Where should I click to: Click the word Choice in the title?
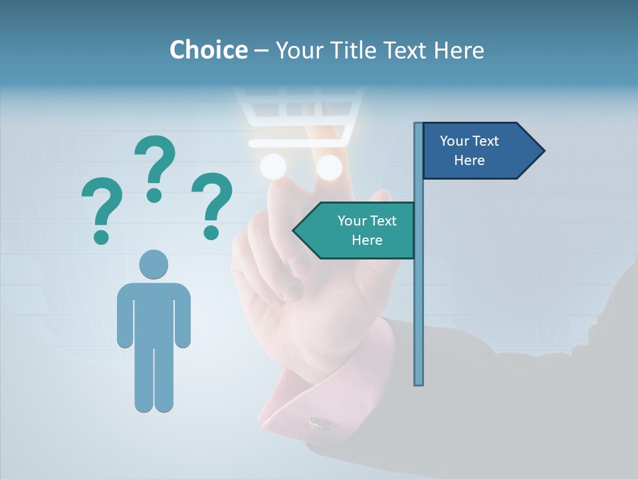click(208, 50)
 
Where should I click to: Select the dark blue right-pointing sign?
click(476, 151)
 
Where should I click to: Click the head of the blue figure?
click(154, 264)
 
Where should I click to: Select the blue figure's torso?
click(154, 313)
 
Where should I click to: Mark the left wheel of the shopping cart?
click(272, 166)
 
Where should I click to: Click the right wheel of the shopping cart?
click(328, 168)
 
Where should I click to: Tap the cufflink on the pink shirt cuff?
click(319, 423)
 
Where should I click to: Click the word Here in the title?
click(459, 50)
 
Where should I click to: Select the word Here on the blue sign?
click(469, 160)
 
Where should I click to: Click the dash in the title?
click(261, 51)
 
